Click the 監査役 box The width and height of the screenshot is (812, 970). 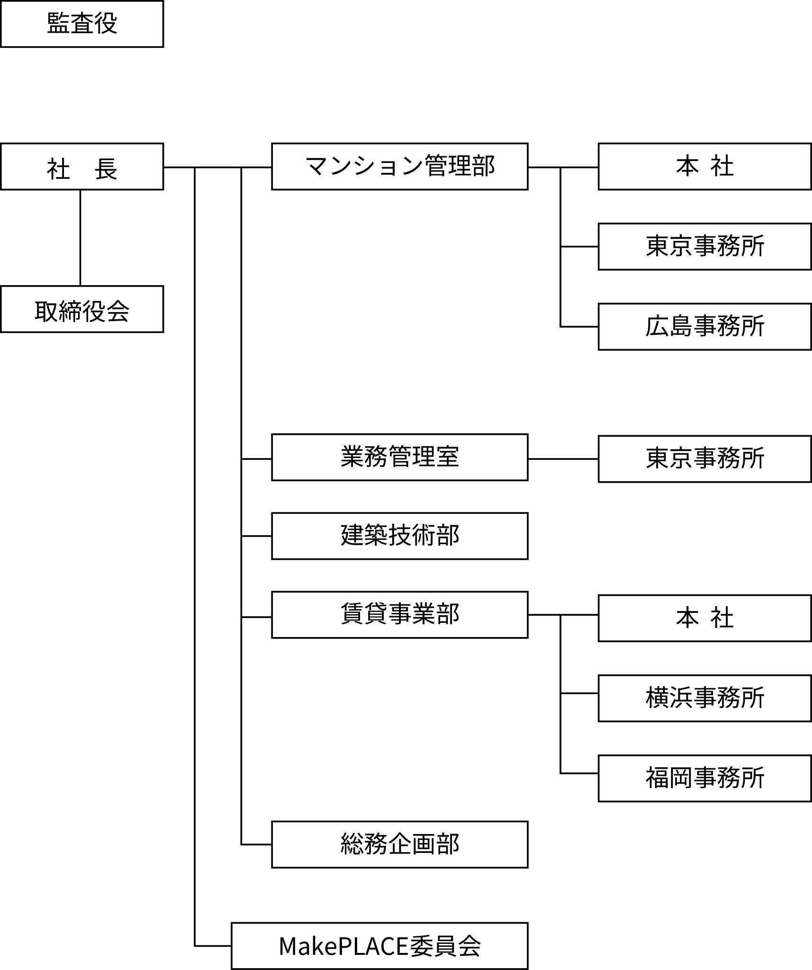pos(82,24)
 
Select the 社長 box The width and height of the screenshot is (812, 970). pos(82,167)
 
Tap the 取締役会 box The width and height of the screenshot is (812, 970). pos(82,309)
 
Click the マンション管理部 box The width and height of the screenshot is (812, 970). pos(399,167)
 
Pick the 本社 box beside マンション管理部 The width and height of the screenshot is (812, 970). pos(704,167)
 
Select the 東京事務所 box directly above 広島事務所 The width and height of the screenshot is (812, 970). pos(704,247)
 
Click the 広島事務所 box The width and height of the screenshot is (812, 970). pos(704,327)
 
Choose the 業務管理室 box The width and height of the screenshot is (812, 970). pos(399,457)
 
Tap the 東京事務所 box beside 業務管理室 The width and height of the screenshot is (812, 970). pos(704,459)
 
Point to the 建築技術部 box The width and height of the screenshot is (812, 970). pos(399,536)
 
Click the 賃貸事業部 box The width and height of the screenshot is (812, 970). pos(399,615)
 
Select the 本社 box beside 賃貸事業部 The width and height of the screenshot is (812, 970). pos(704,618)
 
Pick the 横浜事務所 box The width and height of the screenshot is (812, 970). pos(704,698)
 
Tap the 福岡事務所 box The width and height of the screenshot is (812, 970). pos(704,778)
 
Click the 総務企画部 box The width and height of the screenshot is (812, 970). pos(399,844)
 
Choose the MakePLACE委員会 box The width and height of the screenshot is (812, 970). pos(379,946)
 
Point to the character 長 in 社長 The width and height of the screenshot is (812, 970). pos(106,169)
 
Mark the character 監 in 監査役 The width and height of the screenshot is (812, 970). pos(58,24)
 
